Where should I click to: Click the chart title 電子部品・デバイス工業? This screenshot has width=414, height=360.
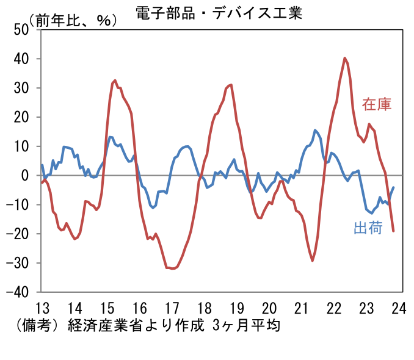pos(219,13)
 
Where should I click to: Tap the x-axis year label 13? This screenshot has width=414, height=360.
pos(42,307)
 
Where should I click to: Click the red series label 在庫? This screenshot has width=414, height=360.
pos(376,104)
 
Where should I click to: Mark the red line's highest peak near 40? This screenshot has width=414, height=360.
pos(345,58)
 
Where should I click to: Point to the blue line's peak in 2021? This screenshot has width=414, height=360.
pos(315,130)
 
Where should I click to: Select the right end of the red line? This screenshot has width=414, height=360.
pos(393,231)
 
